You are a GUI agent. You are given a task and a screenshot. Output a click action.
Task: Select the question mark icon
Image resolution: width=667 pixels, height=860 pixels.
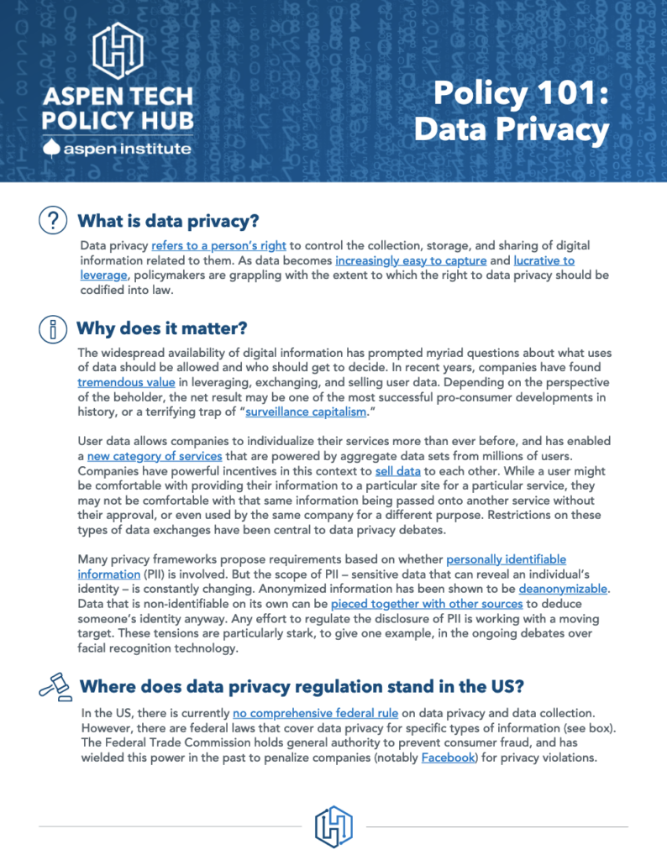pos(53,221)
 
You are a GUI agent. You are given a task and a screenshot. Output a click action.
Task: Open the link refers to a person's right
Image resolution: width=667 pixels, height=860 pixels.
pos(219,246)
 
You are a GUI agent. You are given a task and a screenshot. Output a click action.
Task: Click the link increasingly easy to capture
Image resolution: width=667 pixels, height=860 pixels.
pos(411,260)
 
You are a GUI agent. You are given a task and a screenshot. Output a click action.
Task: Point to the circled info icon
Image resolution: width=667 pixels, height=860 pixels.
pos(53,328)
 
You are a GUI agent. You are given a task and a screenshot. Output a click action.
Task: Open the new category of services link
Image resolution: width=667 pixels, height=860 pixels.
pos(155,456)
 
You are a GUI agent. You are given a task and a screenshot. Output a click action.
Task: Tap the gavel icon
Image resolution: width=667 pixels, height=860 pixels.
pos(54,687)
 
